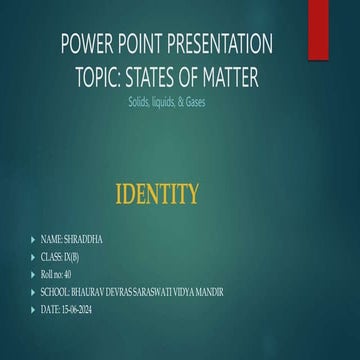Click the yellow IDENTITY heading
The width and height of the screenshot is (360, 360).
pos(158,193)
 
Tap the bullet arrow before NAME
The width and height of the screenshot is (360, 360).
pos(34,240)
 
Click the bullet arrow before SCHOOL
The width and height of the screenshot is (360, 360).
pos(34,289)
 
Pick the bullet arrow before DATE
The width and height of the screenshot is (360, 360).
pos(34,305)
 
